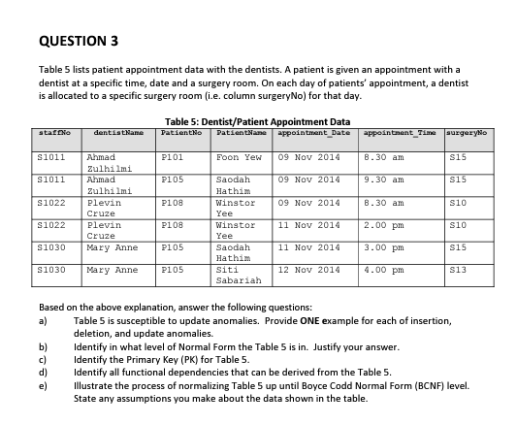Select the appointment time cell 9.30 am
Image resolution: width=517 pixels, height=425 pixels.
pos(384,180)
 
